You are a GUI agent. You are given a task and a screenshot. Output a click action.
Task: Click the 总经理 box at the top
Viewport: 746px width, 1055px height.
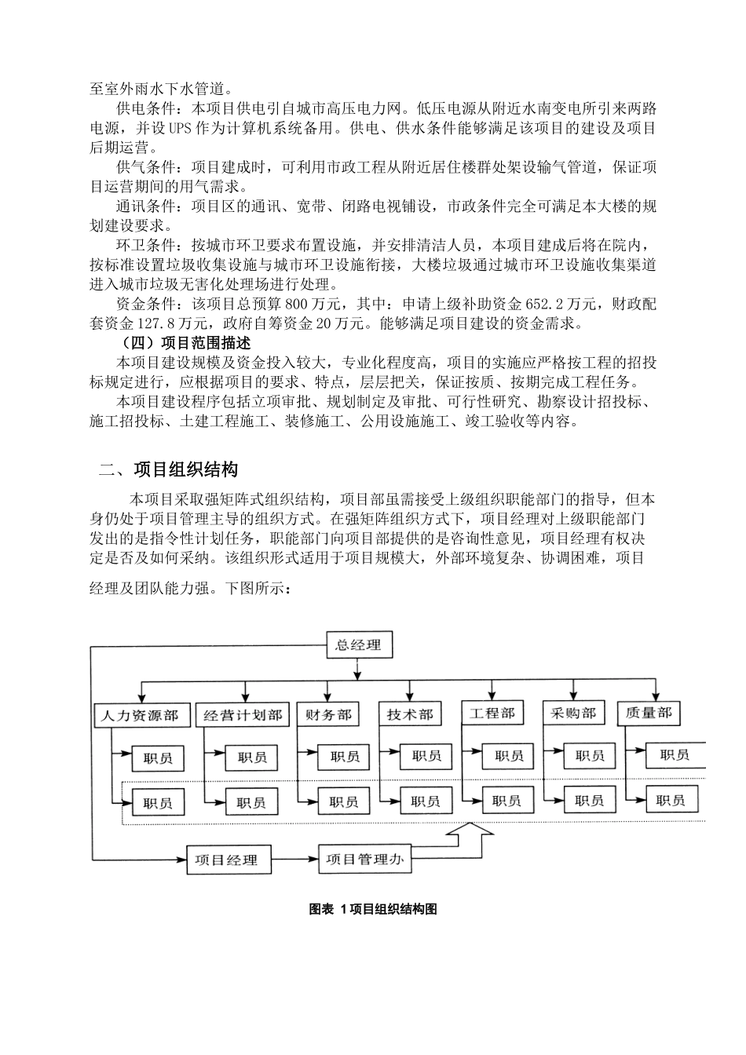[358, 645]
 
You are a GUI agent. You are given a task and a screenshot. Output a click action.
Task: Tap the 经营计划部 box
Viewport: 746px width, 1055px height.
[243, 715]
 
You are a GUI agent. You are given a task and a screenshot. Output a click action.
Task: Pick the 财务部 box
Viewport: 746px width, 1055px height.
[328, 715]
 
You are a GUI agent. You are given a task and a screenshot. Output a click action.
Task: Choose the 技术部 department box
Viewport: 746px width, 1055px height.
[410, 715]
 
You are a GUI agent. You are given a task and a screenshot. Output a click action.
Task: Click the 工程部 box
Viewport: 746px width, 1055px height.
[492, 713]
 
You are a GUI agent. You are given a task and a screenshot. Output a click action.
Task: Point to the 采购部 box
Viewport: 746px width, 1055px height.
[573, 713]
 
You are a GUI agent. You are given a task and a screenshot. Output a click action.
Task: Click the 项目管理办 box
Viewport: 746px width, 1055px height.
[364, 859]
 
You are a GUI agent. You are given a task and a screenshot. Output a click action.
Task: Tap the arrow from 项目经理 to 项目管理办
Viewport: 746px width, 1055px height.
[297, 860]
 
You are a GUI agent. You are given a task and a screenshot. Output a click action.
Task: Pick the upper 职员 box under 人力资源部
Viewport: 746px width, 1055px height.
[158, 758]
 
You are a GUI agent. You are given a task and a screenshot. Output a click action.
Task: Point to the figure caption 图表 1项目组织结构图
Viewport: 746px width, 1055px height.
[373, 909]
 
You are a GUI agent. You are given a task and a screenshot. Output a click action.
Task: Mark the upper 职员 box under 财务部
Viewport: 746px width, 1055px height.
[345, 757]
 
